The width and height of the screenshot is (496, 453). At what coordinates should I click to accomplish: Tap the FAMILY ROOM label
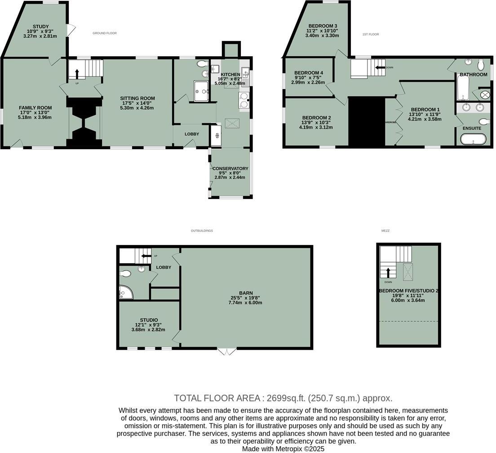tap(35, 107)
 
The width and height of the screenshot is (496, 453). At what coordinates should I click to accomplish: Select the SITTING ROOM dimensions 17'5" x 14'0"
tap(137, 103)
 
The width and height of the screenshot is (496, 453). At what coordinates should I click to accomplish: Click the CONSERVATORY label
tap(230, 169)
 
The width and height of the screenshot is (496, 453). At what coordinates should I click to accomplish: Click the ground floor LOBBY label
tap(191, 134)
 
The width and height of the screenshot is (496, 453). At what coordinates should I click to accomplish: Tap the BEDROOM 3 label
tap(323, 26)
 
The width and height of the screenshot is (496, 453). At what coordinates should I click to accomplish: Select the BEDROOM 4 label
tap(308, 73)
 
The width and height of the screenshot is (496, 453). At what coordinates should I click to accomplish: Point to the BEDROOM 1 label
tap(425, 110)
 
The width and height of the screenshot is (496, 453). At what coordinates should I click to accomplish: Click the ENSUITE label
tap(472, 128)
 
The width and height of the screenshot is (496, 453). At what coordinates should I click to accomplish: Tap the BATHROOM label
tap(473, 75)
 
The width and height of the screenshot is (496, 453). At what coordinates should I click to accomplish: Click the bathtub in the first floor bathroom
tap(463, 88)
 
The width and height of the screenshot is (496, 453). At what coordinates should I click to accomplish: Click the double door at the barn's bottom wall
tap(227, 351)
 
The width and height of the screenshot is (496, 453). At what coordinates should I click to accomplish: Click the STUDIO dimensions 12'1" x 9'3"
tap(148, 324)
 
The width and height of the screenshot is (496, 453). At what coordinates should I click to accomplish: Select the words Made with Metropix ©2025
tap(283, 449)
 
